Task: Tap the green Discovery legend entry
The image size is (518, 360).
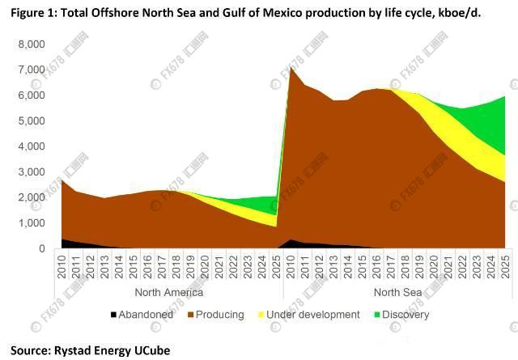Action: tap(401, 315)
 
